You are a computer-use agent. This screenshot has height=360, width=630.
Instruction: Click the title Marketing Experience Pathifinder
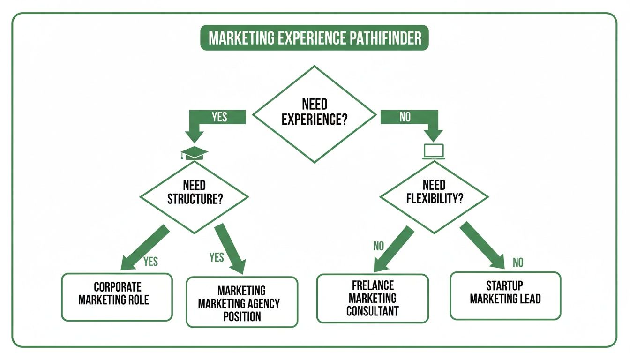pos(315,38)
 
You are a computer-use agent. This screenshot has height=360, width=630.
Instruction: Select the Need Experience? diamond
pos(315,113)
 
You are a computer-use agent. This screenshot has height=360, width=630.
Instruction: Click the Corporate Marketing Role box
pos(117,294)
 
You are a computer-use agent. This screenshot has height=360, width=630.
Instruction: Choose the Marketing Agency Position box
pos(242,303)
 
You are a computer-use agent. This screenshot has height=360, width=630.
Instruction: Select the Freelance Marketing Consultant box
pos(373,298)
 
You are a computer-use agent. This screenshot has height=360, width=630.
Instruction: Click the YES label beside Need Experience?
pos(219,117)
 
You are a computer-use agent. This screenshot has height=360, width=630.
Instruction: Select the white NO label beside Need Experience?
pos(405,117)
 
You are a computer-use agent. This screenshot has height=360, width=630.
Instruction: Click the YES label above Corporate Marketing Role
pos(150,262)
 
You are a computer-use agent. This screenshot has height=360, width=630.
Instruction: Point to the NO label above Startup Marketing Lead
pos(517,262)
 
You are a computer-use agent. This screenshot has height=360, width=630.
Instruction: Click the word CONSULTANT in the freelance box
pos(373,310)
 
